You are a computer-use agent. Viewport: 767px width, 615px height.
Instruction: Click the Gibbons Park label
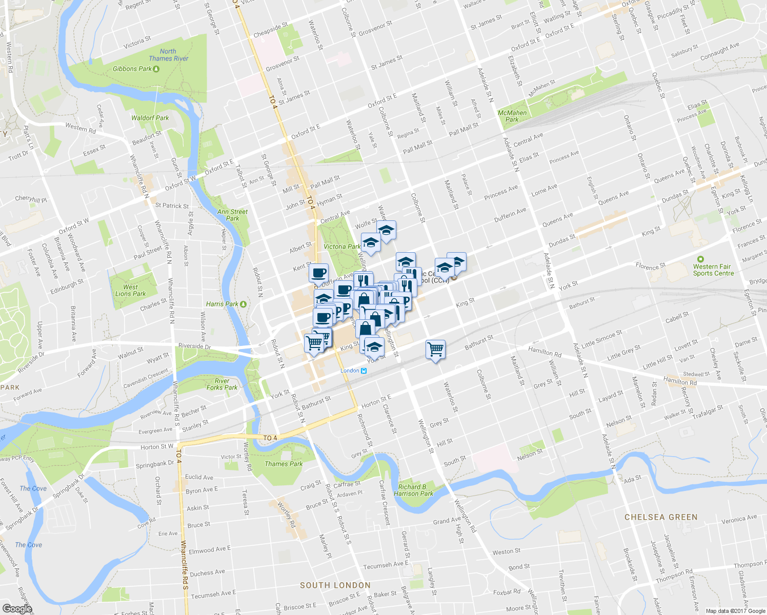click(132, 69)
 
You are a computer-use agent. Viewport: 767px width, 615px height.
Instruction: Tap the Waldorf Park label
click(150, 118)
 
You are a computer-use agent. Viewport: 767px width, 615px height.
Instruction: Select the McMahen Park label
click(512, 116)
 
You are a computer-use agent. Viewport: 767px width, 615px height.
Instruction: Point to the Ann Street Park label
click(232, 215)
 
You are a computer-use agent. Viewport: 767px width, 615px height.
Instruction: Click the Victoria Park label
click(342, 247)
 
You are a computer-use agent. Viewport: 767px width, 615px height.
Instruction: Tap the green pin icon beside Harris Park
click(244, 304)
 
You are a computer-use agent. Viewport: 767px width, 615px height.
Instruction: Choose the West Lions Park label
click(130, 291)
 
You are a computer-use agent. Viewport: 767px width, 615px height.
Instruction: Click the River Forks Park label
click(222, 384)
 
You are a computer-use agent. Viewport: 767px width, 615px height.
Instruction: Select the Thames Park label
click(284, 464)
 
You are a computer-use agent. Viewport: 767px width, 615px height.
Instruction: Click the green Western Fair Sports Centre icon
click(700, 259)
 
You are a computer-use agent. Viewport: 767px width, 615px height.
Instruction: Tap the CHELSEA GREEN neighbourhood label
click(661, 517)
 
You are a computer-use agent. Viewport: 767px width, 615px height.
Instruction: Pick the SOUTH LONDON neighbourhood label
click(335, 585)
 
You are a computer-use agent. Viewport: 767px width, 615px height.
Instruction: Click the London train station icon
click(364, 371)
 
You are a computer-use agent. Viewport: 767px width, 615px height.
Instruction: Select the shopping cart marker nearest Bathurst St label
click(435, 350)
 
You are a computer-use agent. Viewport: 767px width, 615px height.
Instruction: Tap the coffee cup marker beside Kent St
click(318, 273)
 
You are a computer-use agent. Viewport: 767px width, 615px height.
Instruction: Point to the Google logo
click(17, 609)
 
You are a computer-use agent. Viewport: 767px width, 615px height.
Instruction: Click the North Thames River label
click(168, 55)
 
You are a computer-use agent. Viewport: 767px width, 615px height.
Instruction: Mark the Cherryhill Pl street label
click(31, 199)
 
